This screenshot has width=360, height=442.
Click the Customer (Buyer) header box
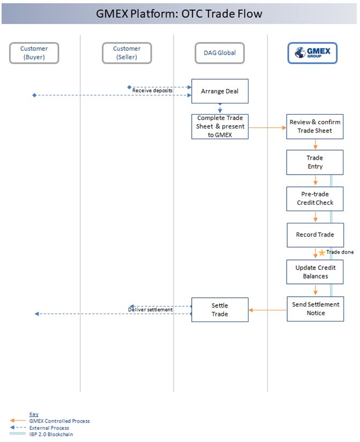click(x=34, y=53)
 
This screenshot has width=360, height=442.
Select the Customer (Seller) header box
click(x=127, y=53)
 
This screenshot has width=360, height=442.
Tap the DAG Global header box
click(x=220, y=53)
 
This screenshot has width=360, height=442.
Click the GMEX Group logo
click(x=312, y=53)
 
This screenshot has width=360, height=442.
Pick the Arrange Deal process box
click(x=220, y=91)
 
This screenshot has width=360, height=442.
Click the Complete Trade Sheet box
click(x=220, y=126)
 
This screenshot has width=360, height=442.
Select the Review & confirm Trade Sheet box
click(x=315, y=126)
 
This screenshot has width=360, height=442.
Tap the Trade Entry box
click(x=315, y=162)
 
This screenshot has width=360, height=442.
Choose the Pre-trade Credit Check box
click(x=315, y=198)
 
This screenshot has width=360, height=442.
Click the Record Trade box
click(x=315, y=235)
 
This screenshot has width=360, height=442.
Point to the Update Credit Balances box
click(x=315, y=272)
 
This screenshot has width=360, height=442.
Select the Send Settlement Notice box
click(x=315, y=309)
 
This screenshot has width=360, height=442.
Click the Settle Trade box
click(x=220, y=310)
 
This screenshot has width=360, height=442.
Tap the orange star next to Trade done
click(x=322, y=252)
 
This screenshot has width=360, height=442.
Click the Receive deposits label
click(x=153, y=91)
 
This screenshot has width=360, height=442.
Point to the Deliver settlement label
click(x=150, y=310)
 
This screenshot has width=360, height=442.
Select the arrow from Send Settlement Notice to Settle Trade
click(x=267, y=310)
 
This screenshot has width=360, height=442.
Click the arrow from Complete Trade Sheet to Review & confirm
click(x=267, y=128)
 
